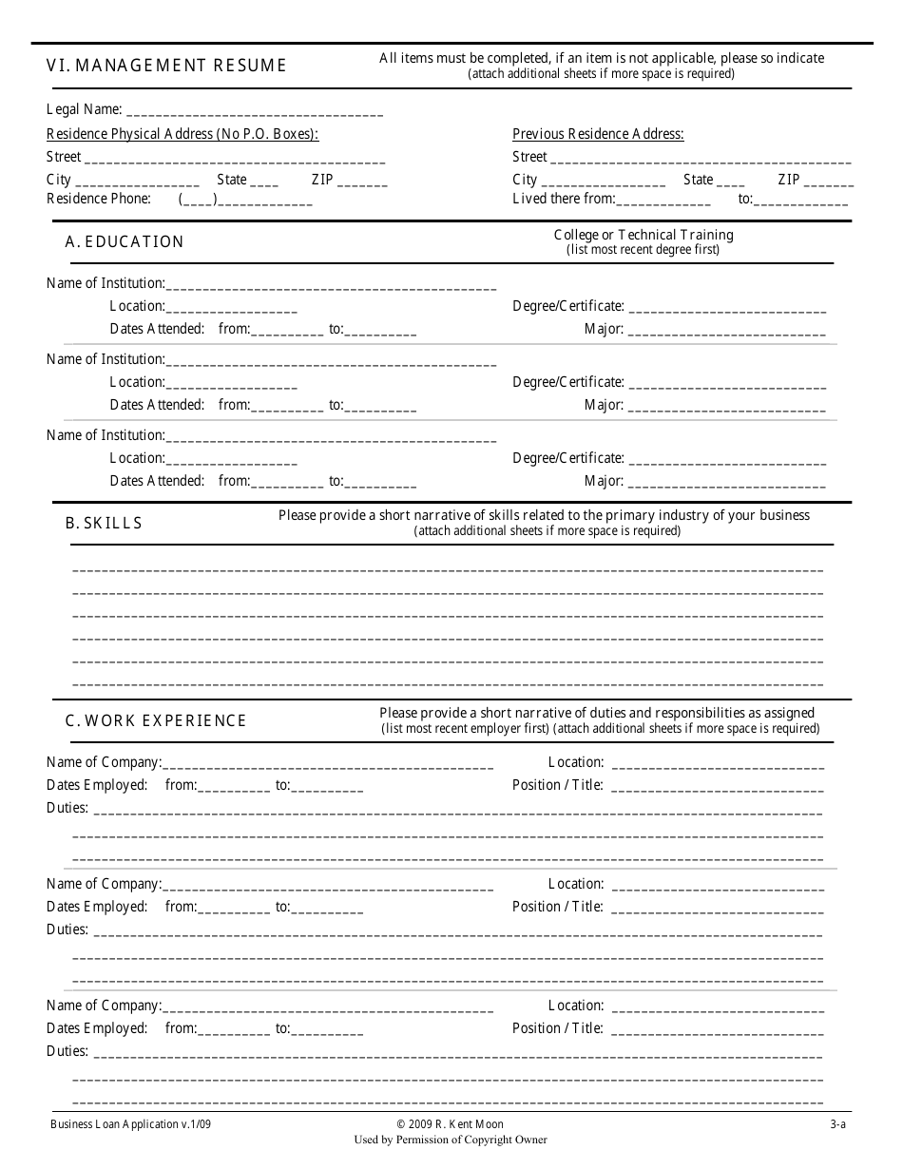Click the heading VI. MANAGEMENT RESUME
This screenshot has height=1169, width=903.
(x=166, y=66)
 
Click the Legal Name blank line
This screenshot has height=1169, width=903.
(x=254, y=112)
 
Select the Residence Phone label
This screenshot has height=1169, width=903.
(x=99, y=199)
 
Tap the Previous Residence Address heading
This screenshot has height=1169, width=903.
(x=598, y=134)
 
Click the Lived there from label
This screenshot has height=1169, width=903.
(x=564, y=199)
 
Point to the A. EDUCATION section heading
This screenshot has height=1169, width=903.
(x=125, y=241)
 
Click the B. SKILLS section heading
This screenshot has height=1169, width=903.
(x=104, y=523)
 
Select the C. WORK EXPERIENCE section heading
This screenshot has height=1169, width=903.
(x=156, y=720)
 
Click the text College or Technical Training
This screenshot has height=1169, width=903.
(x=644, y=235)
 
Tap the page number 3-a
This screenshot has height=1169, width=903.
(x=836, y=1124)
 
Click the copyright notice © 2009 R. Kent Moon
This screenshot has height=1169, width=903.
(x=451, y=1124)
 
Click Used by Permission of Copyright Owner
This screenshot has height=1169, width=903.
(x=451, y=1140)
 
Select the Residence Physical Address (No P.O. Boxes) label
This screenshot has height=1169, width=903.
(x=183, y=134)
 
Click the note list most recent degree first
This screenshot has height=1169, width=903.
(x=644, y=250)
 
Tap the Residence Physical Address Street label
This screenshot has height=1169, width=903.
(x=64, y=157)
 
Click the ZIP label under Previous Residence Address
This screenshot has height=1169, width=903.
(x=789, y=180)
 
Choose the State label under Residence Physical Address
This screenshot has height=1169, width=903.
(x=232, y=180)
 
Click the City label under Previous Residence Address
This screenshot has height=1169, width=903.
(x=525, y=180)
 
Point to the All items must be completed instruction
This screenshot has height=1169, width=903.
(x=602, y=58)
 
